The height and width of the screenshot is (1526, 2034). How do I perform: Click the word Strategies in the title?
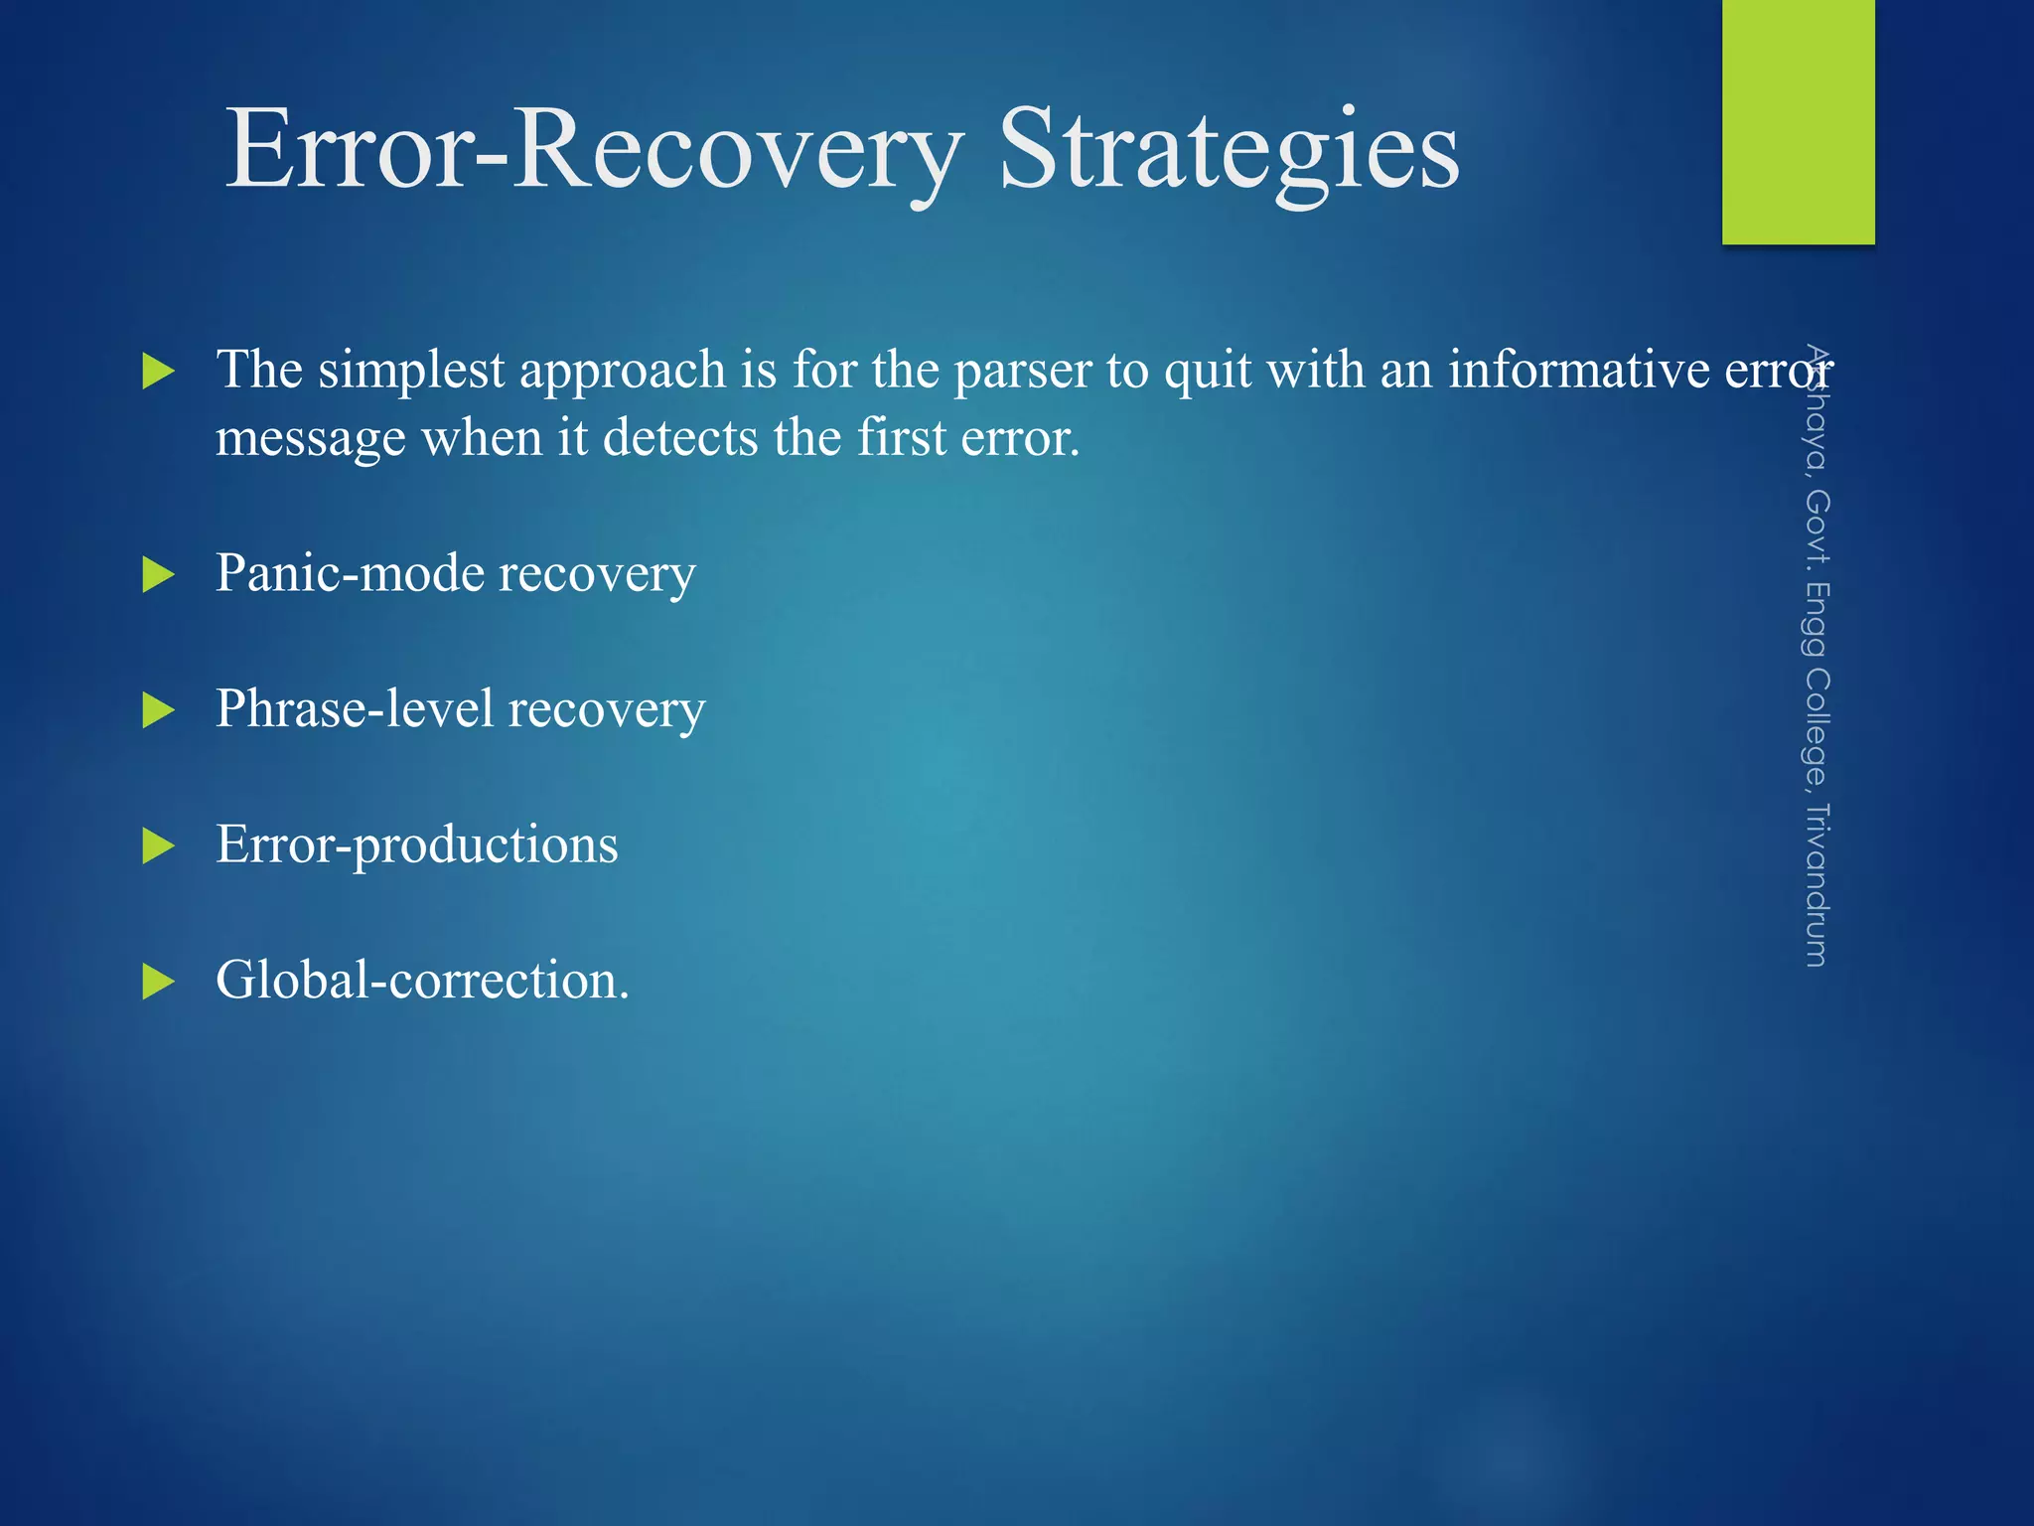1229,151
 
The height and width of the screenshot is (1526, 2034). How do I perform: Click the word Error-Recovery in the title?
594,151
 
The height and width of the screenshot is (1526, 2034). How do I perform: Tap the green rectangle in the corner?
1798,121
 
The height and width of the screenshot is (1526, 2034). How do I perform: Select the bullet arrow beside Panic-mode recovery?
158,574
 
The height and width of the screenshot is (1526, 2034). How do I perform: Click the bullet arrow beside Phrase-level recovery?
158,710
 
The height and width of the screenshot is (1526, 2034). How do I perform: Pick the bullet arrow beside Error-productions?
158,846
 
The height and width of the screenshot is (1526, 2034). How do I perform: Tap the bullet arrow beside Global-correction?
158,982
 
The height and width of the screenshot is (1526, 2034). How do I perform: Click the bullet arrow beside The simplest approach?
158,372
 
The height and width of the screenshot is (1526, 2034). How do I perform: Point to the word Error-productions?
416,845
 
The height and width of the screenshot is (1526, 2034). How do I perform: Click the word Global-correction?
421,981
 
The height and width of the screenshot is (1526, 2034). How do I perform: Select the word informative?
1577,370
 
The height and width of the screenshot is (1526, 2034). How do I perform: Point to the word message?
310,438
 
